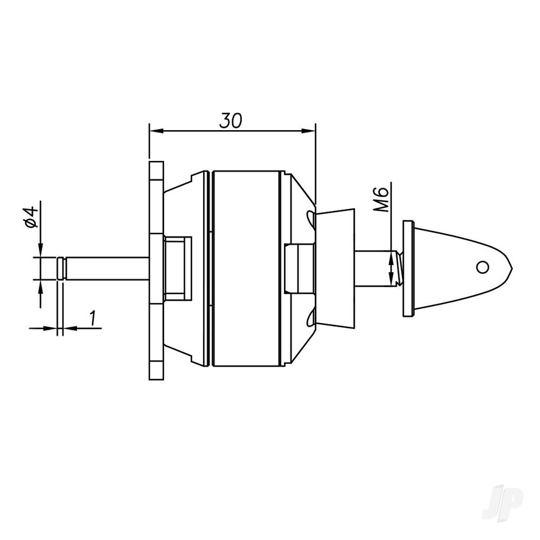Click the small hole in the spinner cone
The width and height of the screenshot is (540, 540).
[482, 266]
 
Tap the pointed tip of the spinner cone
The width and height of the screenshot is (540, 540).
[511, 266]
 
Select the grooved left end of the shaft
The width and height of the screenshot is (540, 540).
[62, 269]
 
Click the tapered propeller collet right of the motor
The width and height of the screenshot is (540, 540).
[336, 268]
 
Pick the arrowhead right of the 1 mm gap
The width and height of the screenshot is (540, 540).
[69, 327]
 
